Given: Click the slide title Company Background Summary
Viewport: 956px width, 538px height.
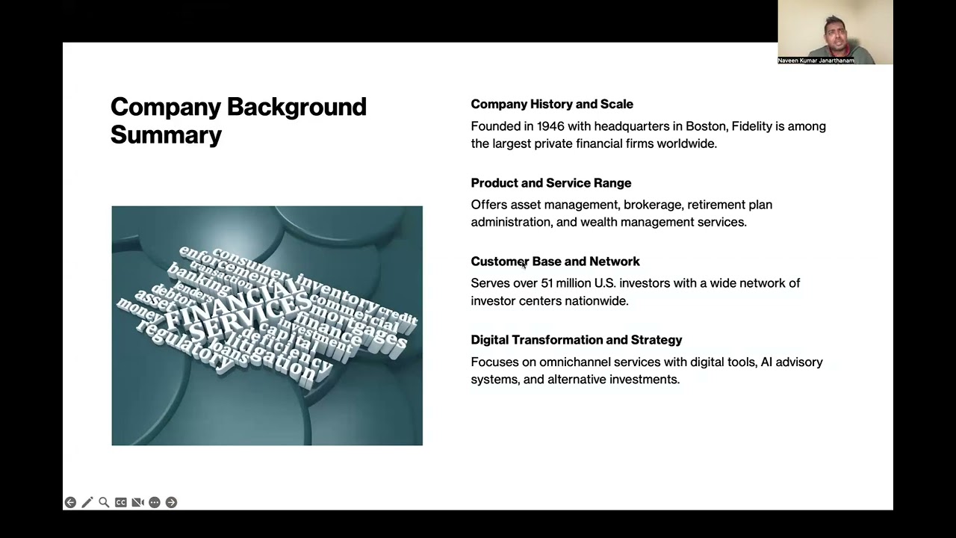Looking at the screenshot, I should coord(238,120).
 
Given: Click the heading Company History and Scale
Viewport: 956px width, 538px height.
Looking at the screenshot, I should coord(552,104).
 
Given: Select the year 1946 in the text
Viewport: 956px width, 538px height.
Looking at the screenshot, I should coord(550,126).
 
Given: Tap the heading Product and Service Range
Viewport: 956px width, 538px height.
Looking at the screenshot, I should coord(550,183).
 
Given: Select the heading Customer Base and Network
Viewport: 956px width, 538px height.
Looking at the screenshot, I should coord(555,262).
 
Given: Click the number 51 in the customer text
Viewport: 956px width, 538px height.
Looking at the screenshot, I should coord(547,283).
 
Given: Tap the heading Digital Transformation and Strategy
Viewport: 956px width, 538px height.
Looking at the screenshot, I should coord(576,340).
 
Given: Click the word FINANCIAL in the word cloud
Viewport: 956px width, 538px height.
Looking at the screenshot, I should coord(228,303).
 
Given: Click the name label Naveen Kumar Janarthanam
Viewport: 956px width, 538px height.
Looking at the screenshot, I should coord(816,61).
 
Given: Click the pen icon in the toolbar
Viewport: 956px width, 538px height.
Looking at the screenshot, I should coord(87,502).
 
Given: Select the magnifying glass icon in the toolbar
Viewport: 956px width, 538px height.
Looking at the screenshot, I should coord(104,502).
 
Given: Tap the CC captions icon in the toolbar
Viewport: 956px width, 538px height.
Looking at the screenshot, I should coord(121,502).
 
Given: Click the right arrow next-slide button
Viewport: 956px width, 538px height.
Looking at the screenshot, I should coord(171,502).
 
